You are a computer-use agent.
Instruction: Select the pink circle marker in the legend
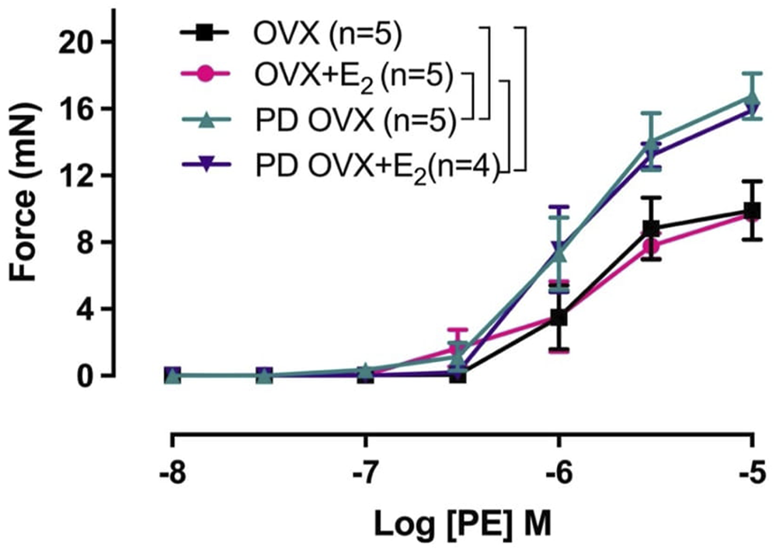205,75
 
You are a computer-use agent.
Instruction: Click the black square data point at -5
751,211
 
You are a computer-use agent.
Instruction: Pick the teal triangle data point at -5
751,99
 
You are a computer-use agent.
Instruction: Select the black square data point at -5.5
652,228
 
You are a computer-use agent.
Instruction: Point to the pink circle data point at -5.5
652,246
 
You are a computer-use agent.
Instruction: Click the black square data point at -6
558,318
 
